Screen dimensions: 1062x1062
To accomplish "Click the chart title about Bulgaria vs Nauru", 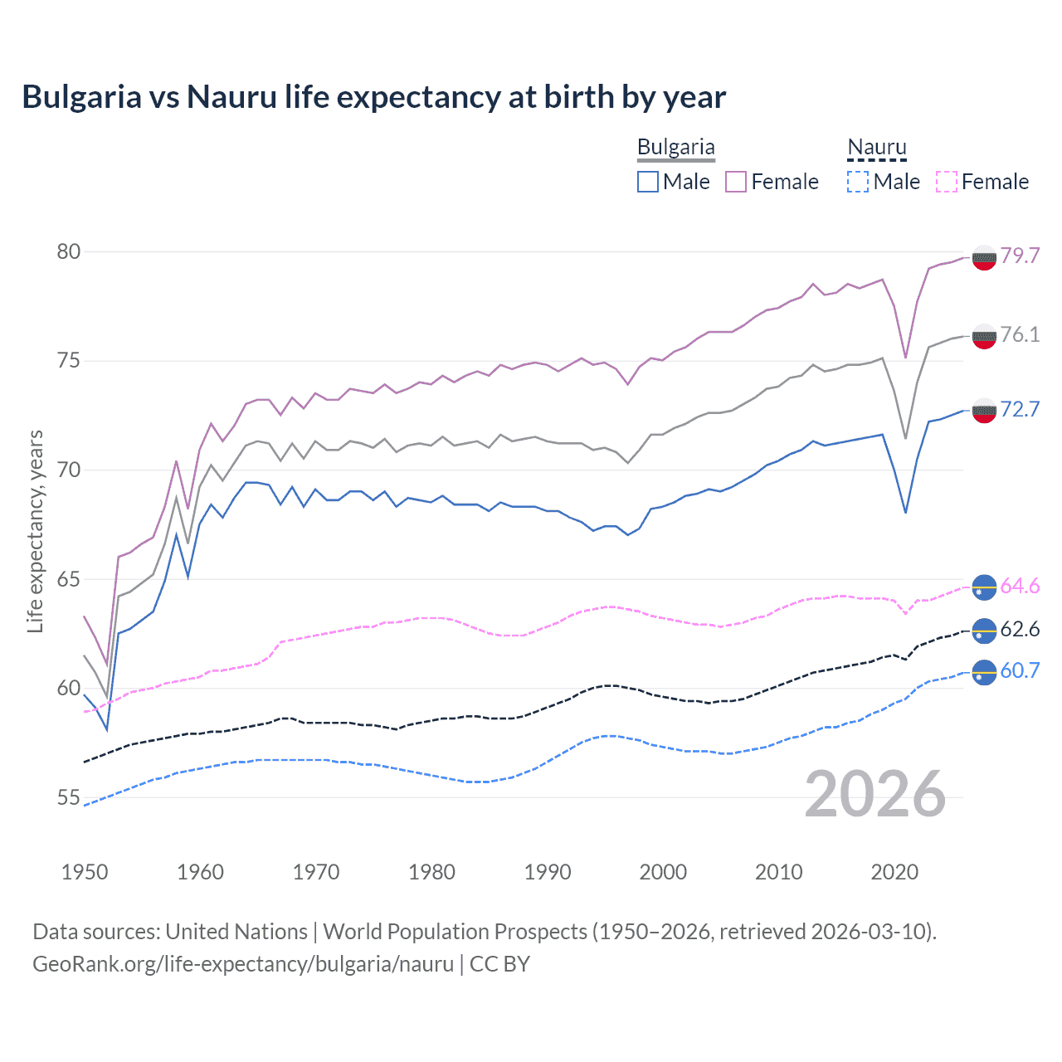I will pyautogui.click(x=373, y=97).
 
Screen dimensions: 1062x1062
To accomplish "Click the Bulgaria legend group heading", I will pyautogui.click(x=675, y=148).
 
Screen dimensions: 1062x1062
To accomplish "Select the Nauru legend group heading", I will pyautogui.click(x=876, y=148).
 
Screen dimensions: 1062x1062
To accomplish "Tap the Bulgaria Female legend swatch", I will pyautogui.click(x=736, y=182).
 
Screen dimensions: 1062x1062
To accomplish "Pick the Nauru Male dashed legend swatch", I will pyautogui.click(x=858, y=182).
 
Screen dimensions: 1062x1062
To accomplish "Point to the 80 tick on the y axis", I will pyautogui.click(x=69, y=251).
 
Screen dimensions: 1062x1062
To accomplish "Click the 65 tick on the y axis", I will pyautogui.click(x=69, y=579).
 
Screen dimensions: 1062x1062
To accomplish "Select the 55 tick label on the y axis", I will pyautogui.click(x=69, y=797).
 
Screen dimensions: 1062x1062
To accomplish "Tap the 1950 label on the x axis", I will pyautogui.click(x=85, y=872).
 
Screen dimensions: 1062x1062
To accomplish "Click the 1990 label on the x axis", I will pyautogui.click(x=548, y=872).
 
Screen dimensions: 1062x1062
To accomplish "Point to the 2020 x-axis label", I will pyautogui.click(x=894, y=872).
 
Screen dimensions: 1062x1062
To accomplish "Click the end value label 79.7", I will pyautogui.click(x=1020, y=256).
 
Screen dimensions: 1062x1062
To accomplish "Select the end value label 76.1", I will pyautogui.click(x=1020, y=334).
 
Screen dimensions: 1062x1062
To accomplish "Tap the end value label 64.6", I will pyautogui.click(x=1020, y=586).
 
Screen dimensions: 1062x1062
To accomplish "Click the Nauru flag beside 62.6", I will pyautogui.click(x=983, y=631).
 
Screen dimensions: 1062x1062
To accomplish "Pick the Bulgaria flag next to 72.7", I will pyautogui.click(x=983, y=410).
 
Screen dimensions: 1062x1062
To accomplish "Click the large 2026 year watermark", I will pyautogui.click(x=875, y=795).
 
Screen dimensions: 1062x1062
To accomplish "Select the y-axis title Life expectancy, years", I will pyautogui.click(x=35, y=531).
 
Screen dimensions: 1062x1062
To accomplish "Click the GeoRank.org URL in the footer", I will pyautogui.click(x=243, y=964).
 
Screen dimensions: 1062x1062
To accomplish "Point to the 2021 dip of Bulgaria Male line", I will pyautogui.click(x=905, y=512).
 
